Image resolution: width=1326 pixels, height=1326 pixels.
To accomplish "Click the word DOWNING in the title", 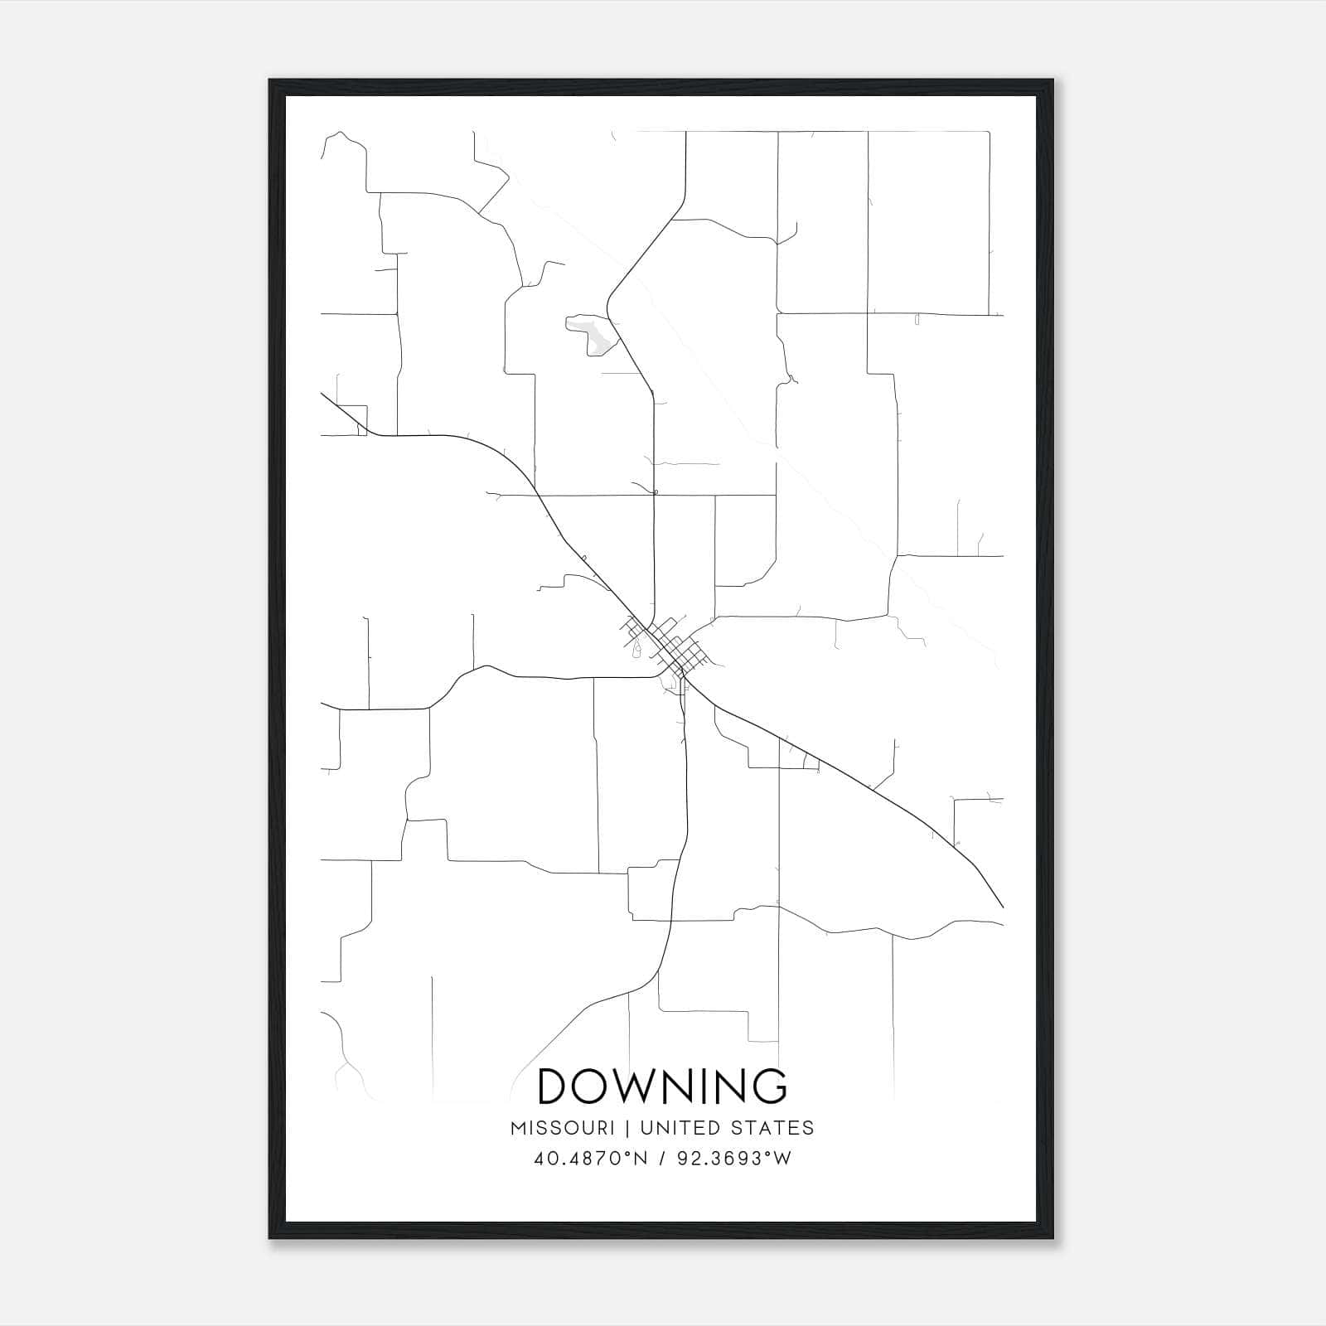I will coord(662,1086).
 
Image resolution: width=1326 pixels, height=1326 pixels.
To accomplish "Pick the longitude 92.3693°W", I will coord(734,1159).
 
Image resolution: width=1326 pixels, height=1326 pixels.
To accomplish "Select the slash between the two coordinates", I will coord(662,1159).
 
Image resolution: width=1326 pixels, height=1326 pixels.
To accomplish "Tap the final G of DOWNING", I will coord(771,1086).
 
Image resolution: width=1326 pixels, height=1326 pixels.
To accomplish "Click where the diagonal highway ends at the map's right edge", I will coord(1003,907).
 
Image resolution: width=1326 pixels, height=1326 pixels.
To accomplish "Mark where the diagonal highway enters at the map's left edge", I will coord(322,394).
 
